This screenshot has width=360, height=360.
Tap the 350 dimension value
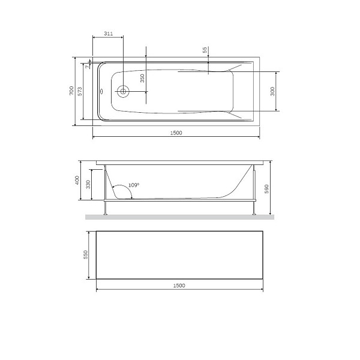point(142,78)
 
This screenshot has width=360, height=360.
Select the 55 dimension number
point(205,51)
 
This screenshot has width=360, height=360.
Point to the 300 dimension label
point(272,91)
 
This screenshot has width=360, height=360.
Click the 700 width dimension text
point(71,92)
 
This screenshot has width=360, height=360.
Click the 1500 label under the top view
point(176,133)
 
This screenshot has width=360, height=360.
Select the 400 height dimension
point(77,180)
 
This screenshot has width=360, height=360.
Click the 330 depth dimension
point(88,184)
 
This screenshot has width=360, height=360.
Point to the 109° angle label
point(133,185)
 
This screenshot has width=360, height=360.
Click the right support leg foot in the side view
point(256,214)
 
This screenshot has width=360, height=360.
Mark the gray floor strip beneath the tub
point(180,217)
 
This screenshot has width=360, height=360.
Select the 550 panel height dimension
point(86,255)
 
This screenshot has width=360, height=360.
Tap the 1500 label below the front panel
point(178,286)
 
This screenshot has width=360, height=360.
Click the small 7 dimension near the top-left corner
point(88,67)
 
